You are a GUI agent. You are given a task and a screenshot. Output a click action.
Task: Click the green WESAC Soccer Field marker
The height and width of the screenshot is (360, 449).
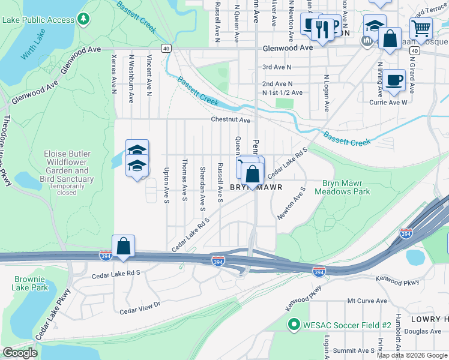pos(294,325)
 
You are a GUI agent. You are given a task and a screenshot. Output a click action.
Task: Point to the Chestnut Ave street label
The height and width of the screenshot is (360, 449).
pos(230,120)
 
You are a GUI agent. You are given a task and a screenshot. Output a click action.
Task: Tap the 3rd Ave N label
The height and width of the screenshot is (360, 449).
pos(277,67)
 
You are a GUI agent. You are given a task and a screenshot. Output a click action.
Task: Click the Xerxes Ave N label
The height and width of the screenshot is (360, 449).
pos(113,75)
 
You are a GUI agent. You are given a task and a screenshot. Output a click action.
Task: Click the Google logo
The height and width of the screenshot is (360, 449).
pos(20,353)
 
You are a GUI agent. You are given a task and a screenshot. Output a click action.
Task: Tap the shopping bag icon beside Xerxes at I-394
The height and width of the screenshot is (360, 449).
pos(123,246)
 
